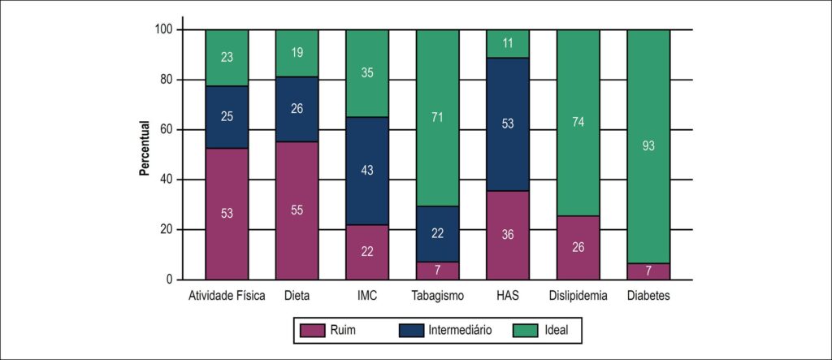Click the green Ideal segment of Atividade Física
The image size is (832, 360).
point(227,58)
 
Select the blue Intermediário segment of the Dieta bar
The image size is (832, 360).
point(297,110)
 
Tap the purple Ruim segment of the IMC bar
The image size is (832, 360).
point(367,252)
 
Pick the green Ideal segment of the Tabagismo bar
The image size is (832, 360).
point(437,118)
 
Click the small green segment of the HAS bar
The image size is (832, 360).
point(508,44)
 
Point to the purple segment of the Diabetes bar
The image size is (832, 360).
point(648,271)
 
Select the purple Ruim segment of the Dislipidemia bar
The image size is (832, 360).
point(578,247)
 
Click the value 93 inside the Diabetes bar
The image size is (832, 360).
point(648,146)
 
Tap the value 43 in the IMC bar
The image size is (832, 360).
point(367,171)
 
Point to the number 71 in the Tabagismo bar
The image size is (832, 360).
point(437,117)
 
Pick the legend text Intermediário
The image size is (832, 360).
point(460,330)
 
